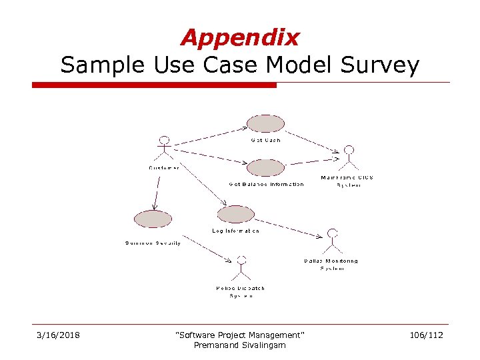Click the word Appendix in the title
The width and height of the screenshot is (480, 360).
[x=240, y=37]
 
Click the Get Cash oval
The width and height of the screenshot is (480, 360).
[x=265, y=124]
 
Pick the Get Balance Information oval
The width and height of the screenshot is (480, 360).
[x=265, y=167]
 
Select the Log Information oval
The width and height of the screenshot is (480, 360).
[x=236, y=214]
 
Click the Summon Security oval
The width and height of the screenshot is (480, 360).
[x=153, y=219]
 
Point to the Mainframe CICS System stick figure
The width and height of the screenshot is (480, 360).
[x=348, y=157]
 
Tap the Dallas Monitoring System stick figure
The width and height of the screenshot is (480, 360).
[x=331, y=241]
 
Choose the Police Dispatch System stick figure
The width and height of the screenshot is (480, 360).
[x=241, y=268]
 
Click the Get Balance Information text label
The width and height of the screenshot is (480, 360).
[x=266, y=185]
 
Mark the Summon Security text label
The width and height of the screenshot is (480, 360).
[x=153, y=243]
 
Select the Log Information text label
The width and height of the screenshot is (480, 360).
[x=236, y=231]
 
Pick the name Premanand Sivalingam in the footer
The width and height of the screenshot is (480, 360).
[x=239, y=345]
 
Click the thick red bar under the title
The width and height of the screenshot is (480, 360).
[x=154, y=85]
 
